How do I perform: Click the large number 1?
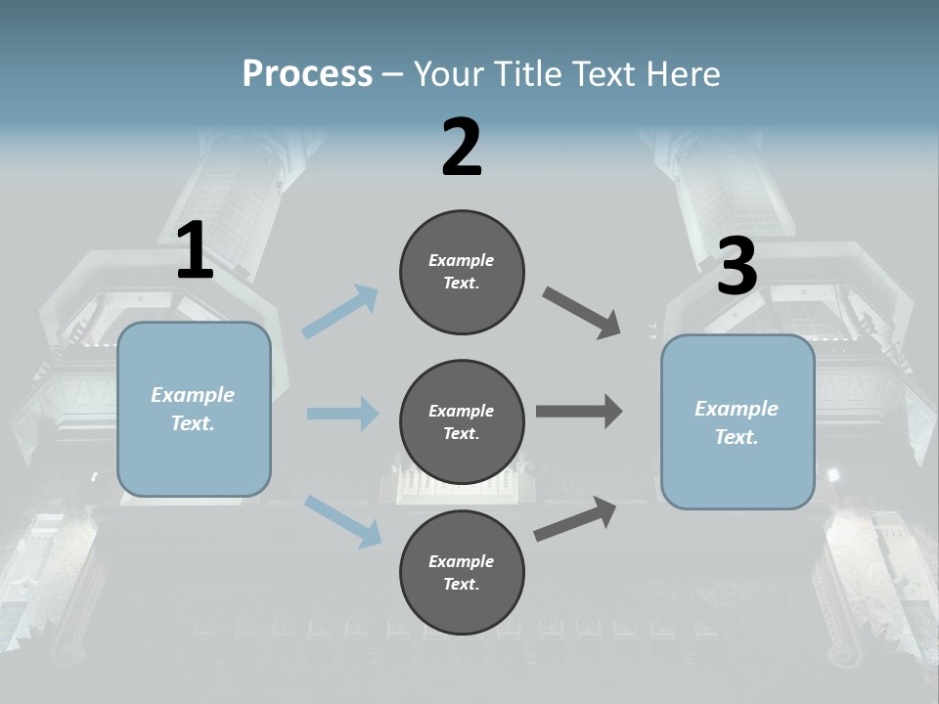click(x=195, y=251)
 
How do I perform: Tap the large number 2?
click(x=462, y=148)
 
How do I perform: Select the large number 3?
click(x=737, y=267)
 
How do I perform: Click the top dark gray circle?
click(x=462, y=271)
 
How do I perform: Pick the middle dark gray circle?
click(x=462, y=421)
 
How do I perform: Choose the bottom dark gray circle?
click(x=462, y=572)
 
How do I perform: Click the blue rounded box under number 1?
click(x=194, y=409)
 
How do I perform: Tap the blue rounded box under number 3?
click(x=738, y=421)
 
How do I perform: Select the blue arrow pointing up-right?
click(x=340, y=311)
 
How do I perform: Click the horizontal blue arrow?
click(x=342, y=414)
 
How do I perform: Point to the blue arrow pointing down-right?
click(x=343, y=520)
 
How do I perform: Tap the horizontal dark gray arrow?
click(x=579, y=412)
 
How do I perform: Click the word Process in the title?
click(x=307, y=73)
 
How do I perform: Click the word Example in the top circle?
click(x=462, y=260)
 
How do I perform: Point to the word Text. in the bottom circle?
click(x=462, y=584)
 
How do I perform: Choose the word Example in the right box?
click(x=737, y=409)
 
